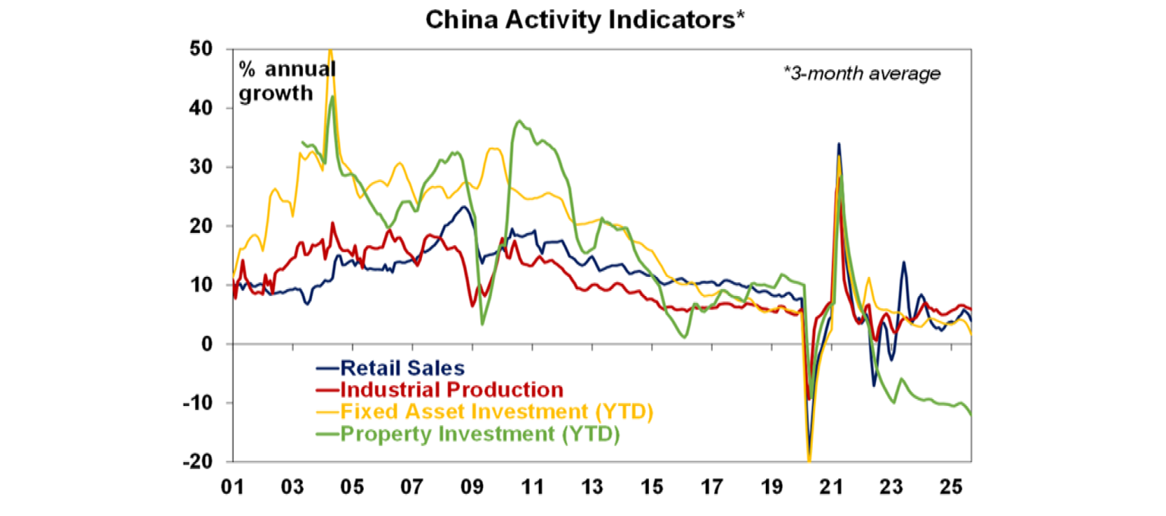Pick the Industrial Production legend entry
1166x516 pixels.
[x=452, y=390]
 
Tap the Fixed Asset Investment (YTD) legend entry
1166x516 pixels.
[x=496, y=413]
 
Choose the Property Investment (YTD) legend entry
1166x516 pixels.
[x=480, y=435]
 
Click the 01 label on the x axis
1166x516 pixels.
[x=233, y=483]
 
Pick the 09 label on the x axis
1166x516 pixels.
[x=473, y=483]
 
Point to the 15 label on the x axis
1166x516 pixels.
[x=653, y=483]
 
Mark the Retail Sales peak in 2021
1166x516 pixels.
[x=839, y=143]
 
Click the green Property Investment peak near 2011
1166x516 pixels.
[x=518, y=121]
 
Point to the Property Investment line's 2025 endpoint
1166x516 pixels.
[x=972, y=414]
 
